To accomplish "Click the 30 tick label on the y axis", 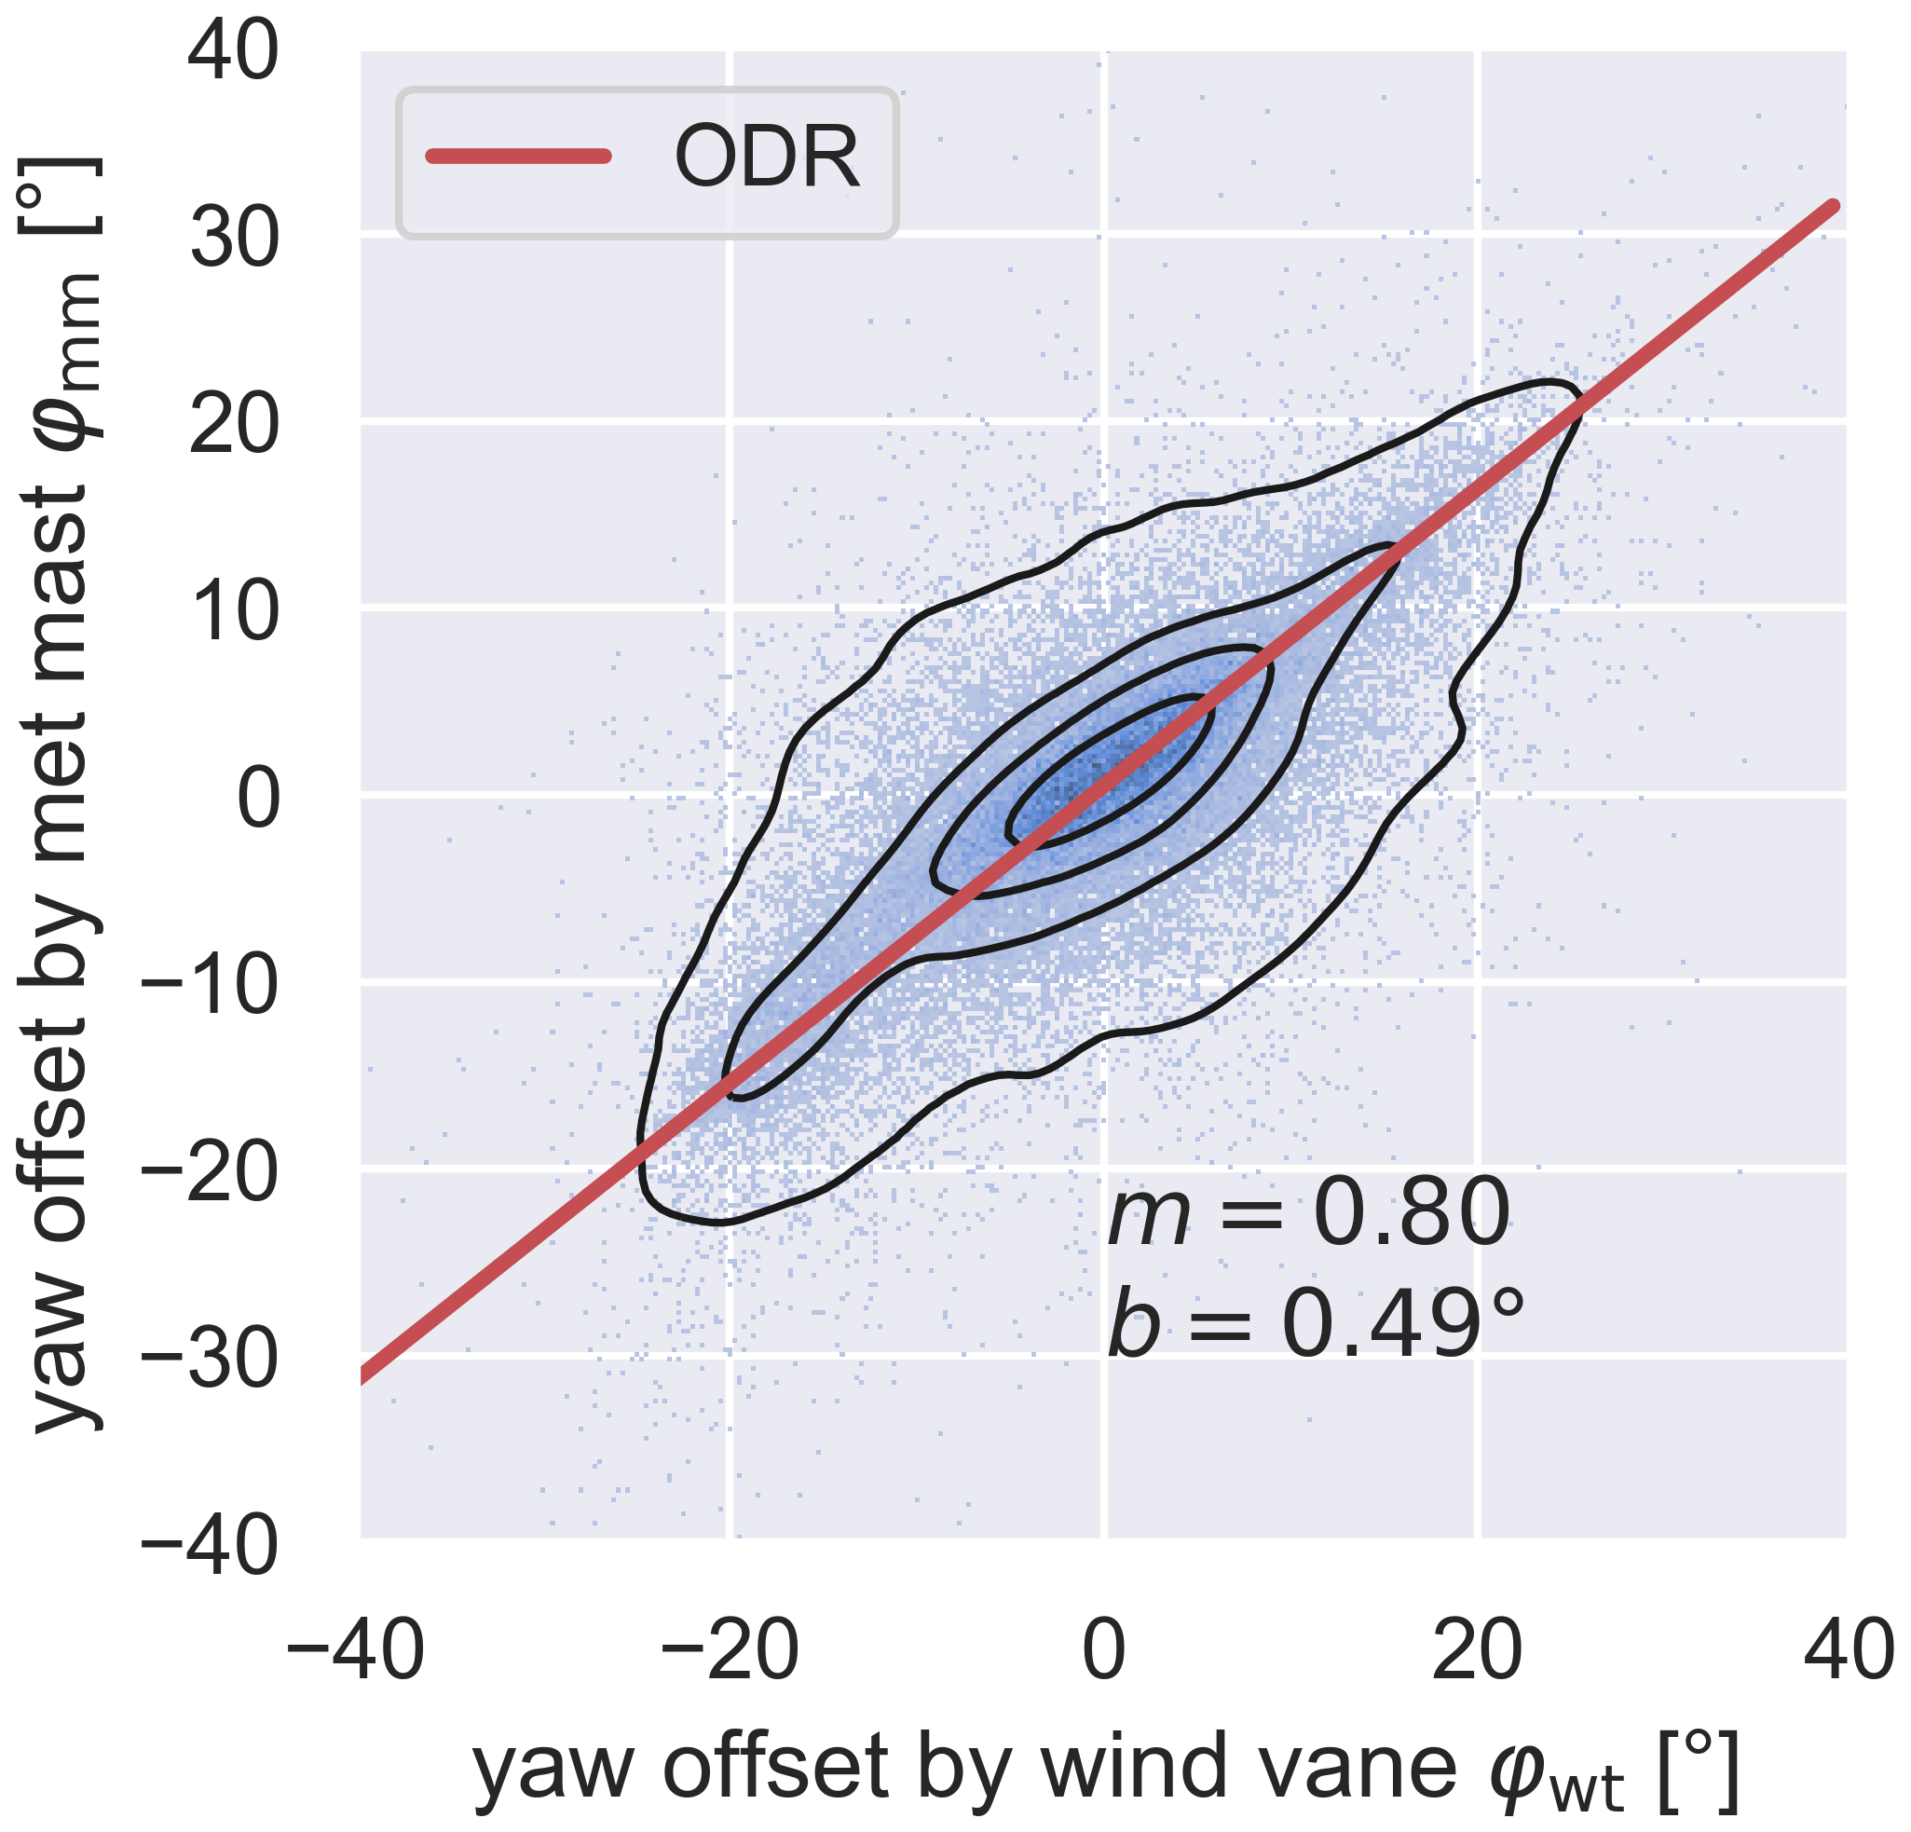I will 234,240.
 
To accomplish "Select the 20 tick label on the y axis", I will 234,426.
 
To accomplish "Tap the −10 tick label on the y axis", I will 210,986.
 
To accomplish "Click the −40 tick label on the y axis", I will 210,1545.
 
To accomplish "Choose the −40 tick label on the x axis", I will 356,1651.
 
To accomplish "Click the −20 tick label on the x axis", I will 730,1651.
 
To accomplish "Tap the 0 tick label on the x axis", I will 1104,1651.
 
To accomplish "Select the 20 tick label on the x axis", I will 1477,1651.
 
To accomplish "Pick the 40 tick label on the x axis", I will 1849,1651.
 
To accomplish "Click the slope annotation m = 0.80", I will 1308,1214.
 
